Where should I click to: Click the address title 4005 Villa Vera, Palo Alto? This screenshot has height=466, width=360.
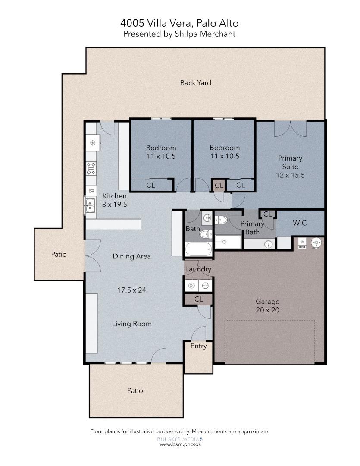tap(179, 23)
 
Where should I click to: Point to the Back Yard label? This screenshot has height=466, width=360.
tap(195, 83)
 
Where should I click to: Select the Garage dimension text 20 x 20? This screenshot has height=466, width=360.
tap(267, 310)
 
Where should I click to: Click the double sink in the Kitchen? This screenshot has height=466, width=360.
tap(90, 206)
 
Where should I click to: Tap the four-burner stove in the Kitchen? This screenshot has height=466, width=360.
tap(91, 168)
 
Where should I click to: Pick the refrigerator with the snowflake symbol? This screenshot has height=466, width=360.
tap(93, 143)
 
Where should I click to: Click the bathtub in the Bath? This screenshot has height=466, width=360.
tap(198, 250)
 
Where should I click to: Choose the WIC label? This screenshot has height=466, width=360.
tap(300, 223)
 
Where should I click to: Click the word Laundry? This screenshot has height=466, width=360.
tap(198, 269)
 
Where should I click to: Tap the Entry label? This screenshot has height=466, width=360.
tap(198, 346)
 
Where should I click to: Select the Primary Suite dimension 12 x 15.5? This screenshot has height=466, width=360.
tap(290, 175)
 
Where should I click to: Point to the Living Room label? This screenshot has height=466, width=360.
tap(131, 324)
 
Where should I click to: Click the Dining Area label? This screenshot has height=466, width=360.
tap(131, 256)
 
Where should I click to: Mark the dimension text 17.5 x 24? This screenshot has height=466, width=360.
tap(131, 290)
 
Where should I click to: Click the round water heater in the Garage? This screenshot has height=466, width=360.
tap(317, 243)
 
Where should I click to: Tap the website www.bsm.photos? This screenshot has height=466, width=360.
tap(180, 444)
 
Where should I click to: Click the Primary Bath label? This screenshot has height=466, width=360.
tap(252, 228)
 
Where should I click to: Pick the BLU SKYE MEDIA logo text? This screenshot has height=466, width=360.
tap(178, 438)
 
